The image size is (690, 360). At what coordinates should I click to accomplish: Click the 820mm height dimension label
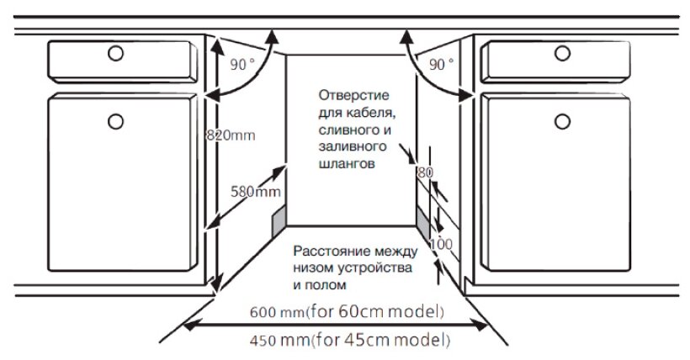coord(231,135)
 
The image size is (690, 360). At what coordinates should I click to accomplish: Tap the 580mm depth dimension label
coord(256,192)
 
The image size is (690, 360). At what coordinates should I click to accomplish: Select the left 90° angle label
coord(242,65)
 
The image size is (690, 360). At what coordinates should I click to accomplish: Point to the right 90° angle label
coord(442,65)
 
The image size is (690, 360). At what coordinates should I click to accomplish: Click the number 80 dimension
coord(426,172)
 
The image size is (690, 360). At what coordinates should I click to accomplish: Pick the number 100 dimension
coord(441,244)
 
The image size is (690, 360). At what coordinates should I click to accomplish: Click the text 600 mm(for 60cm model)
coord(347,311)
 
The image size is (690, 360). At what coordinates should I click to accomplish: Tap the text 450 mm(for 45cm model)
coord(350,340)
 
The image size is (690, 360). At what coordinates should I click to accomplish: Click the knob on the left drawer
coord(116,53)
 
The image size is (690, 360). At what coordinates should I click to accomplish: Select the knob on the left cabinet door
coord(116,121)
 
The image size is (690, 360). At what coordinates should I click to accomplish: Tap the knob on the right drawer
coord(562,53)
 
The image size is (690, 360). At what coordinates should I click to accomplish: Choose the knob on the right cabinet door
coord(562,121)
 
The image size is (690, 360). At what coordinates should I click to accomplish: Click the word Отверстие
coord(353,95)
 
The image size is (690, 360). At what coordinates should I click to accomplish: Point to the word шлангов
coord(347,164)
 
